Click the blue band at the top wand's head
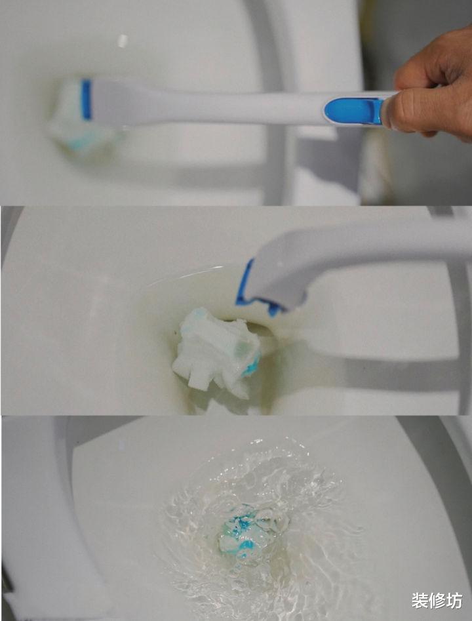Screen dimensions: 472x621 click(x=86, y=100)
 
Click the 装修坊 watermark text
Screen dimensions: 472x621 click(x=437, y=601)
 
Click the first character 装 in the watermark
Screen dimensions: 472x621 click(x=420, y=601)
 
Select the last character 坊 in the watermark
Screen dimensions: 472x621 click(x=454, y=601)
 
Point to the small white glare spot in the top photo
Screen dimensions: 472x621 click(x=123, y=41)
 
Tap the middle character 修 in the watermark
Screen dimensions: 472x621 click(x=437, y=601)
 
